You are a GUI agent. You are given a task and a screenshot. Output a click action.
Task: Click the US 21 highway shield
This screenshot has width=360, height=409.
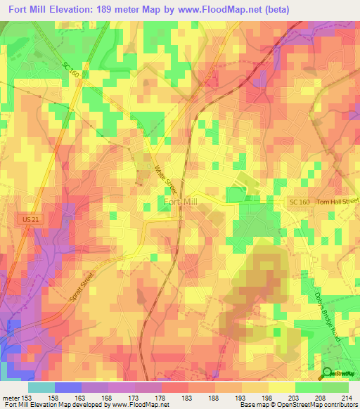27,221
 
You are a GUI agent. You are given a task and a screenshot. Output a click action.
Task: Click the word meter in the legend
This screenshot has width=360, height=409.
10,397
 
